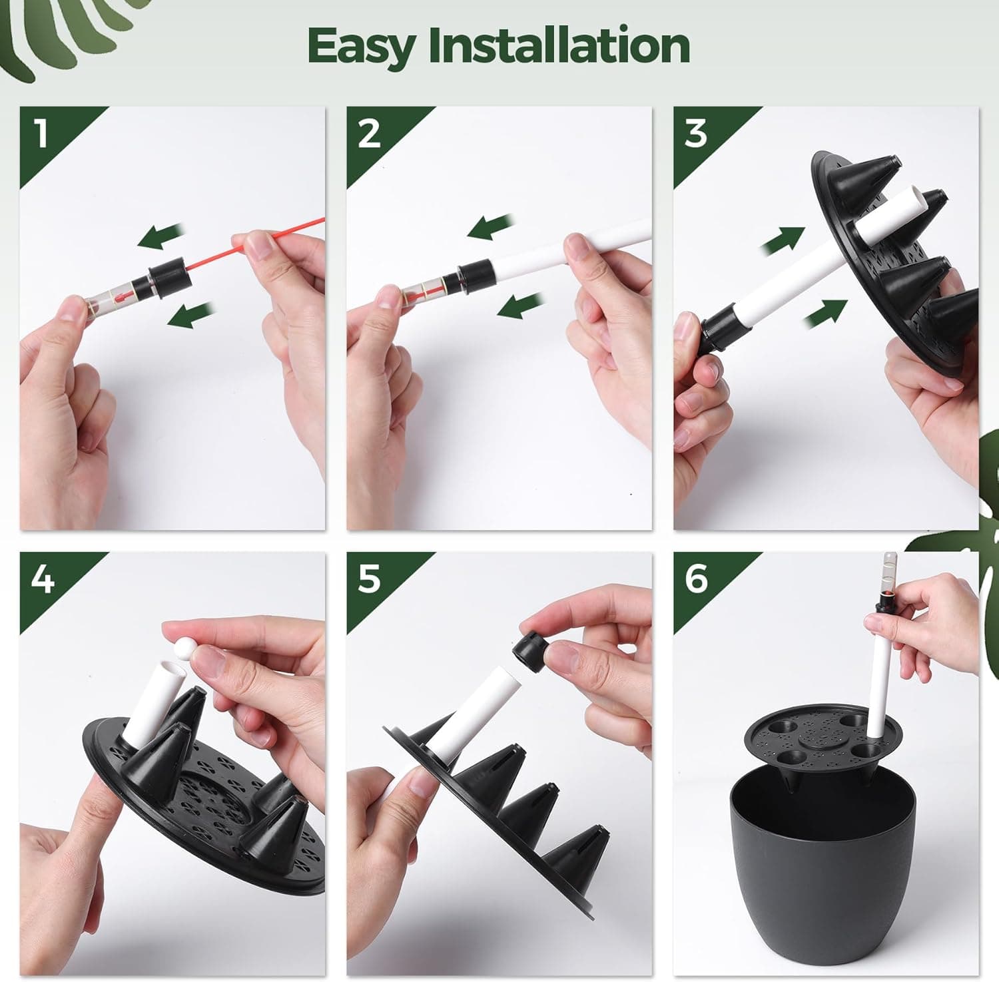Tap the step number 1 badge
tap(41, 133)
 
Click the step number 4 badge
tap(41, 579)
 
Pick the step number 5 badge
tap(368, 579)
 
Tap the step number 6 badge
tap(695, 579)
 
